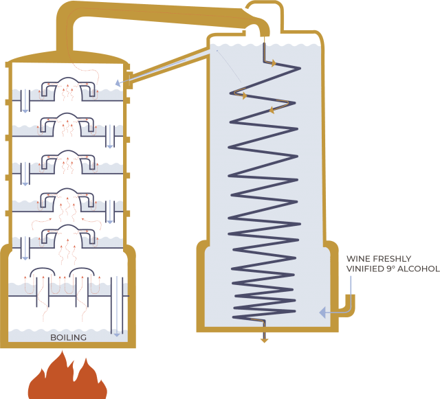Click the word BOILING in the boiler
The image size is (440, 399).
point(68,337)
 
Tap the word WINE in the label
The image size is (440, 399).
point(358,259)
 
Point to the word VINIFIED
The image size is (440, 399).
point(367,269)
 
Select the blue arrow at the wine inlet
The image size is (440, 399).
point(322,312)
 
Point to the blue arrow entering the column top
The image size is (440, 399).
point(118,82)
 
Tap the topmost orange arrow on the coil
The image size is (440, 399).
point(273,63)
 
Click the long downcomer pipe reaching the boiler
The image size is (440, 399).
point(117,306)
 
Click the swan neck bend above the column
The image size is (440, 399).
point(69,14)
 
